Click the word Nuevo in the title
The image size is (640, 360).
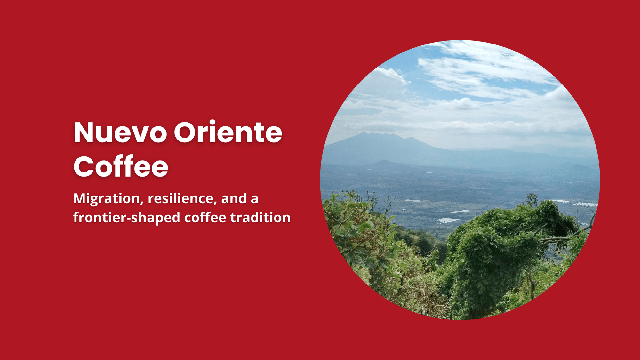(120, 132)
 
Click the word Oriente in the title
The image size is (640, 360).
(228, 132)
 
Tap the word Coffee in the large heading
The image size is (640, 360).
(121, 166)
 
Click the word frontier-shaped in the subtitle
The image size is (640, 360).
(127, 218)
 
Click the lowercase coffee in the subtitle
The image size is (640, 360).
(205, 218)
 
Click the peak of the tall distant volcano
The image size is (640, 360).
(365, 133)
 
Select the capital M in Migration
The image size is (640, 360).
(80, 198)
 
